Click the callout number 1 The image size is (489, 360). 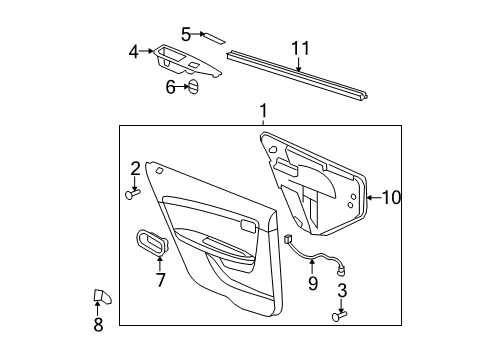click(x=262, y=112)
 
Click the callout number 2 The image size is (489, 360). click(x=135, y=168)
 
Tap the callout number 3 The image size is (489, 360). click(x=342, y=291)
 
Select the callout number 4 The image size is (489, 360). click(x=134, y=51)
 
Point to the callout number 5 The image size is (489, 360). click(x=186, y=33)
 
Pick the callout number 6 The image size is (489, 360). click(x=171, y=87)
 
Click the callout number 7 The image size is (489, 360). click(x=160, y=280)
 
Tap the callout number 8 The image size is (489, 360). click(x=98, y=324)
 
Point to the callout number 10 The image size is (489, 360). click(x=390, y=198)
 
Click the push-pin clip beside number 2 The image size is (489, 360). click(x=131, y=194)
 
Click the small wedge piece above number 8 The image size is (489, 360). click(x=102, y=296)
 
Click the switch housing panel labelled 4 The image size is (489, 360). click(x=186, y=60)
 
